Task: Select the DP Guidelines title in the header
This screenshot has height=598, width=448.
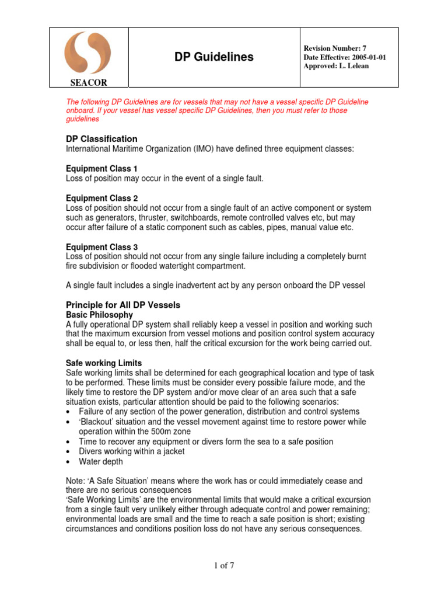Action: pos(214,57)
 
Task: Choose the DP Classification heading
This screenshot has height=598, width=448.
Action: pos(101,139)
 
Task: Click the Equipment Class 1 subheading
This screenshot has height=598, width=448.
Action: pos(101,169)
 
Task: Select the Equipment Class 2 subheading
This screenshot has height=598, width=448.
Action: pos(101,199)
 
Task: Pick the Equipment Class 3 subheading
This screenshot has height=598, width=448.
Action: pos(101,247)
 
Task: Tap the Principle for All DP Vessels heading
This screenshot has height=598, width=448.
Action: pos(123,305)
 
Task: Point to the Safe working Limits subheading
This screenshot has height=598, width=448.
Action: pos(104,363)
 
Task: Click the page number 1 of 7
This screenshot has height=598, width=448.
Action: pos(223,565)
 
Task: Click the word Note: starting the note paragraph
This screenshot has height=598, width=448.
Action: pos(76,481)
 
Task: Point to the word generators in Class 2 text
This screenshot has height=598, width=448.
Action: pos(104,218)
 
